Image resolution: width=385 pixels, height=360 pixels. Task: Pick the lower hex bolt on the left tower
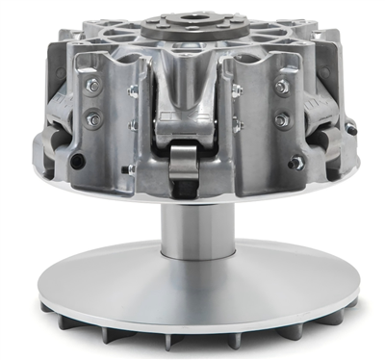[93, 120]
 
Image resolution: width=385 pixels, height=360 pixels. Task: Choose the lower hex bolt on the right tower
[281, 121]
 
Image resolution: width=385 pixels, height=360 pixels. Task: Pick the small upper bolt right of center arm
[236, 90]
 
